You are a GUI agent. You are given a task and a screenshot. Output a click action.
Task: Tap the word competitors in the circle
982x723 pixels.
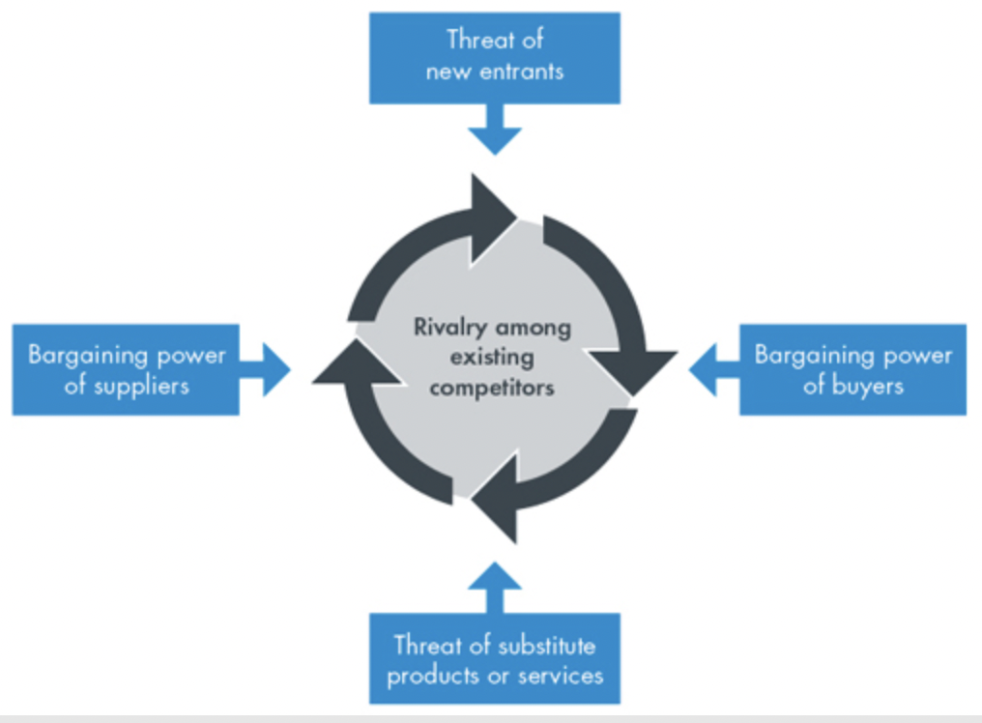(493, 388)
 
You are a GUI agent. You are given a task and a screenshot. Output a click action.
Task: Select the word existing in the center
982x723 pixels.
(493, 358)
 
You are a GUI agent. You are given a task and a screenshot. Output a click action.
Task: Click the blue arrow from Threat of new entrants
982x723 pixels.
(494, 131)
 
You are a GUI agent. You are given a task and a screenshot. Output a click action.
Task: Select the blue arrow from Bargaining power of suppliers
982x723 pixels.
(268, 369)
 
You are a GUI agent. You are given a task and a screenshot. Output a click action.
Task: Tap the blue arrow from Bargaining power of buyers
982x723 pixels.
(712, 369)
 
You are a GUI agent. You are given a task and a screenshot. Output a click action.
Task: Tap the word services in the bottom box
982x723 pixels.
(559, 674)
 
